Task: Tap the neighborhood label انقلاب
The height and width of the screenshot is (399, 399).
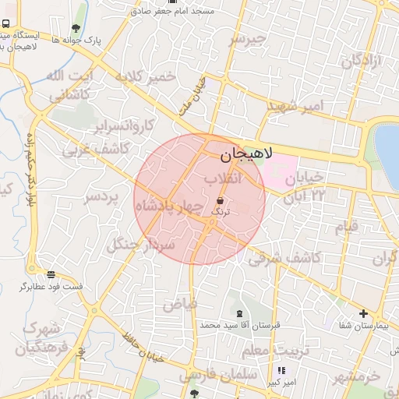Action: pyautogui.click(x=224, y=179)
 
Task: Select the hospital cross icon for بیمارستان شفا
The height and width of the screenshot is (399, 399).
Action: pyautogui.click(x=363, y=314)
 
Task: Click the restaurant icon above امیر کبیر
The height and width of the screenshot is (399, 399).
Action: pyautogui.click(x=282, y=371)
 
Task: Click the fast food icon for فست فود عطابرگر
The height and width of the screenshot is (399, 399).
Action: pyautogui.click(x=51, y=274)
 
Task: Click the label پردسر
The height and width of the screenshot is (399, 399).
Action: pyautogui.click(x=102, y=196)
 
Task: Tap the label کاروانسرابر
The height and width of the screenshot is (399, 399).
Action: pyautogui.click(x=125, y=125)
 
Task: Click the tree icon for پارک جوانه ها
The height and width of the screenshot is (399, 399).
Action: pyautogui.click(x=75, y=29)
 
